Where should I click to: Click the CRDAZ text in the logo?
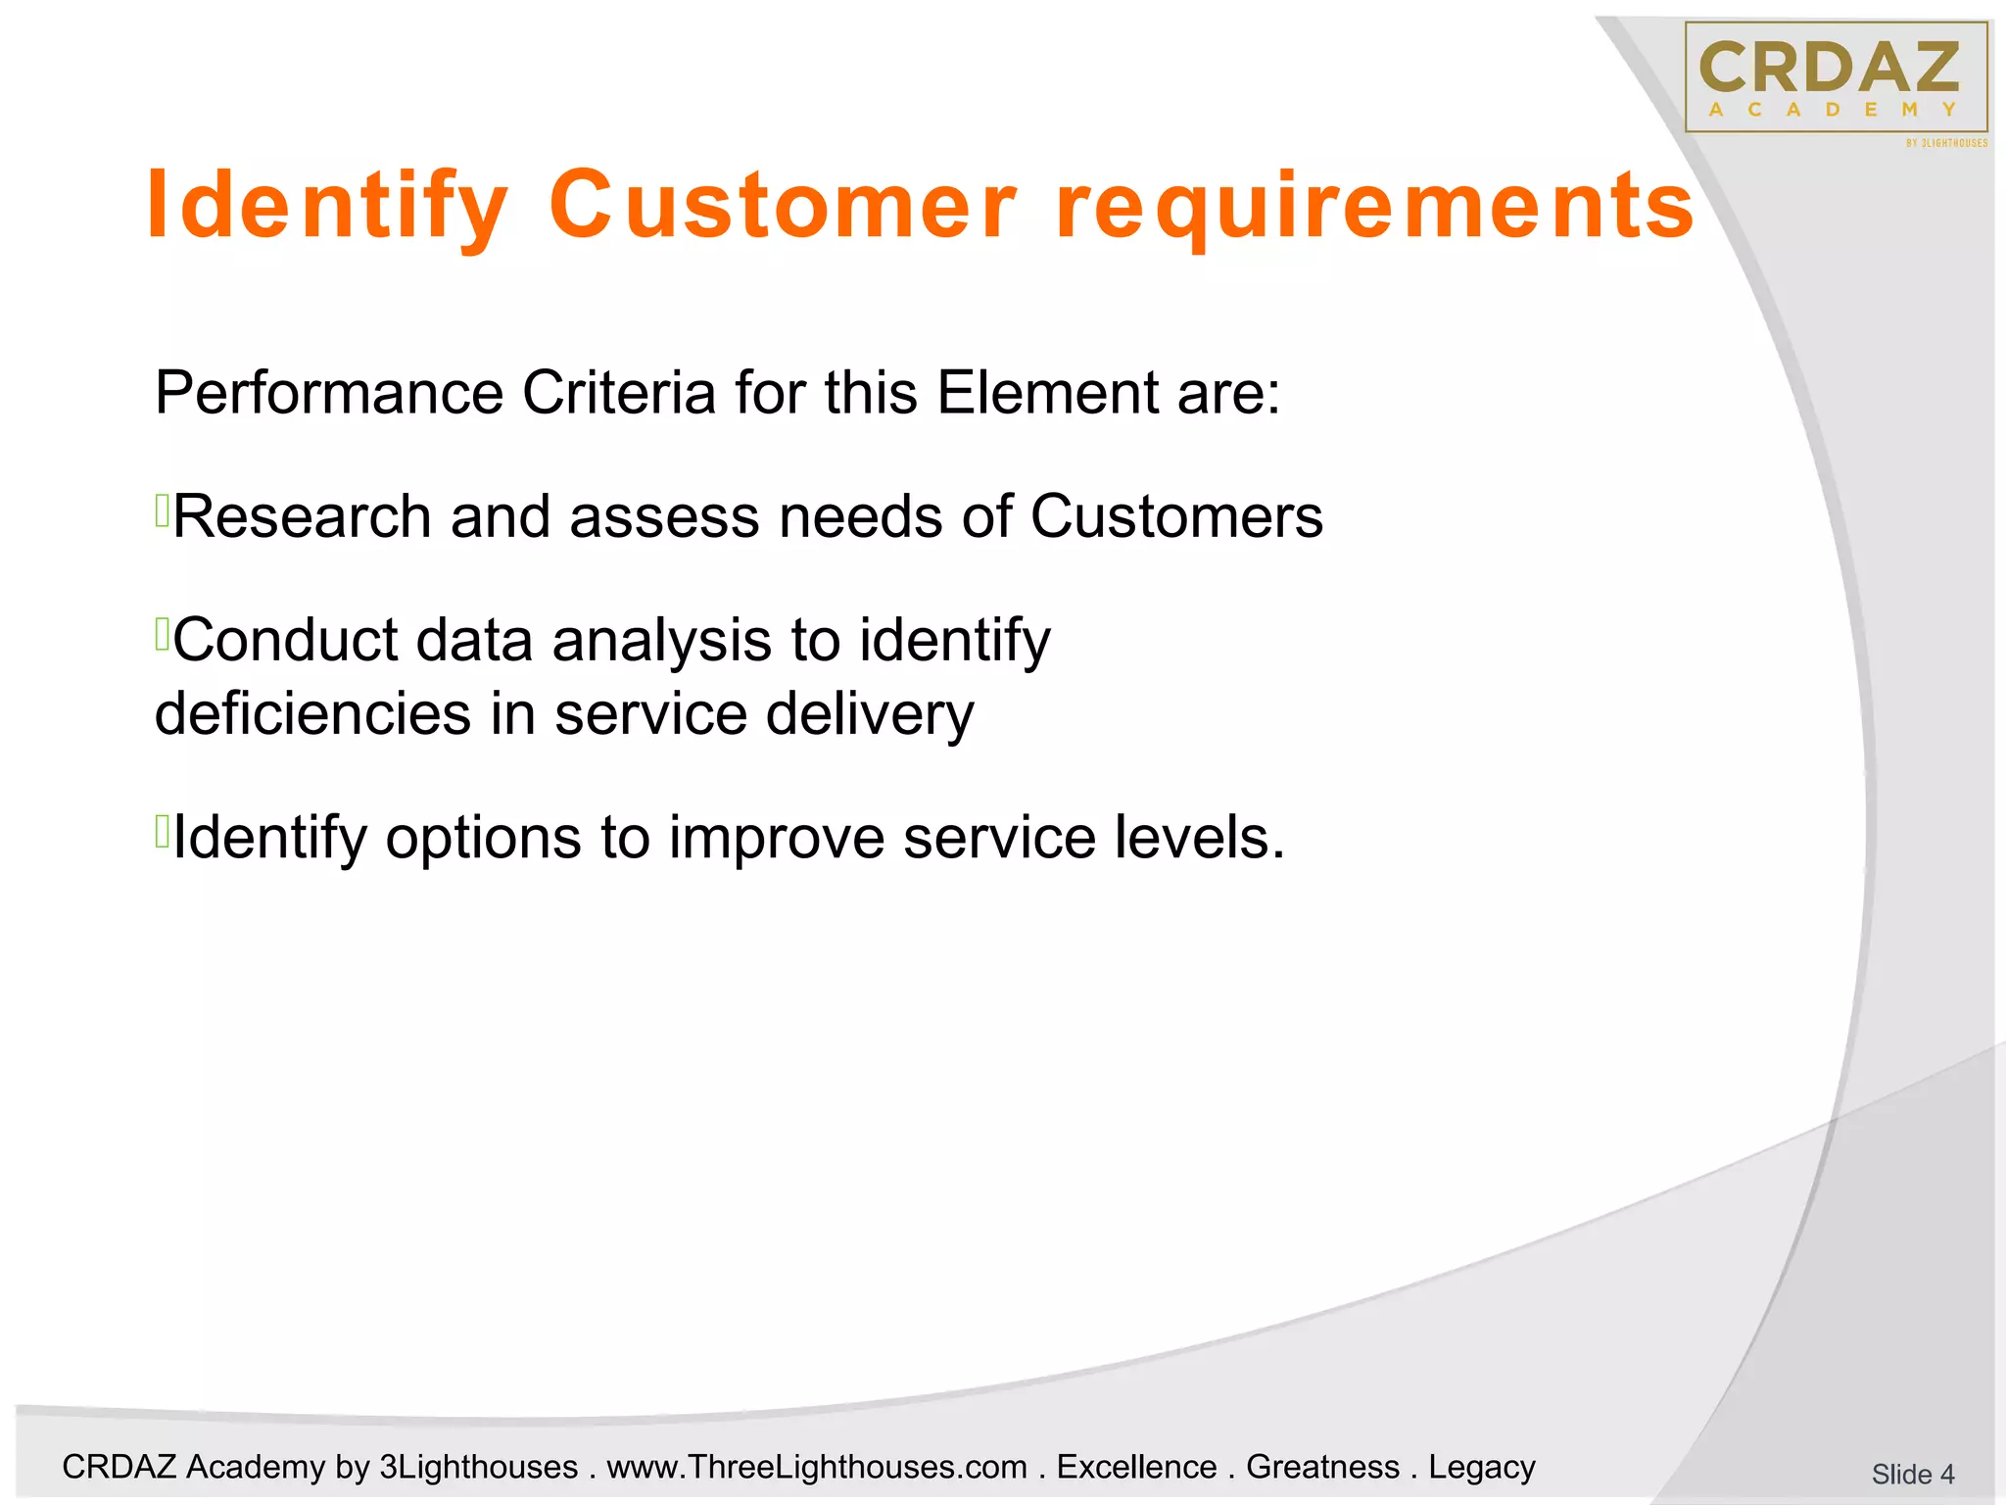[x=1830, y=69]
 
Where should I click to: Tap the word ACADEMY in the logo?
[x=1832, y=111]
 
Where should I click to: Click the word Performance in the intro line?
[x=329, y=393]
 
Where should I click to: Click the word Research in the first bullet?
[x=302, y=516]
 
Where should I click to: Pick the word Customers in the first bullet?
[x=1176, y=516]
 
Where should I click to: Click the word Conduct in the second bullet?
[x=285, y=640]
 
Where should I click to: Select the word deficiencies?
[x=312, y=713]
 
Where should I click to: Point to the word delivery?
[x=870, y=715]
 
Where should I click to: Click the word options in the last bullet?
[x=483, y=839]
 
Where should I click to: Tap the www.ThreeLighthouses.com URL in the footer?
[x=817, y=1467]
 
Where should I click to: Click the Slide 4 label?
[x=1912, y=1474]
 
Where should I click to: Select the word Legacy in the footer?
[x=1481, y=1467]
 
